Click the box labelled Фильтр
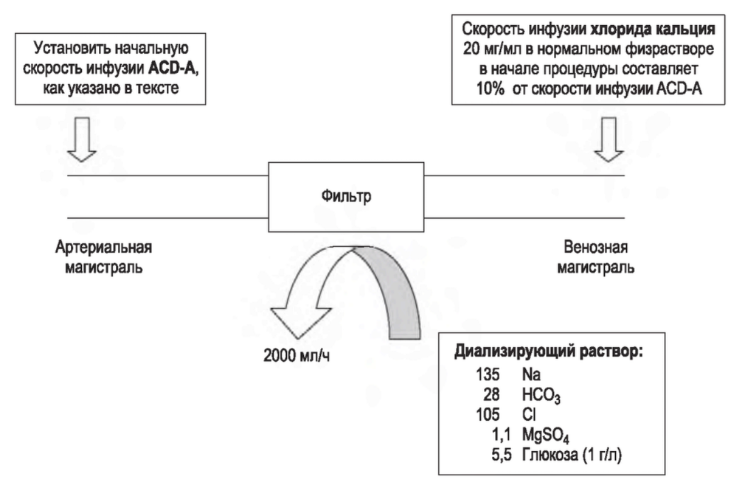pyautogui.click(x=346, y=197)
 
